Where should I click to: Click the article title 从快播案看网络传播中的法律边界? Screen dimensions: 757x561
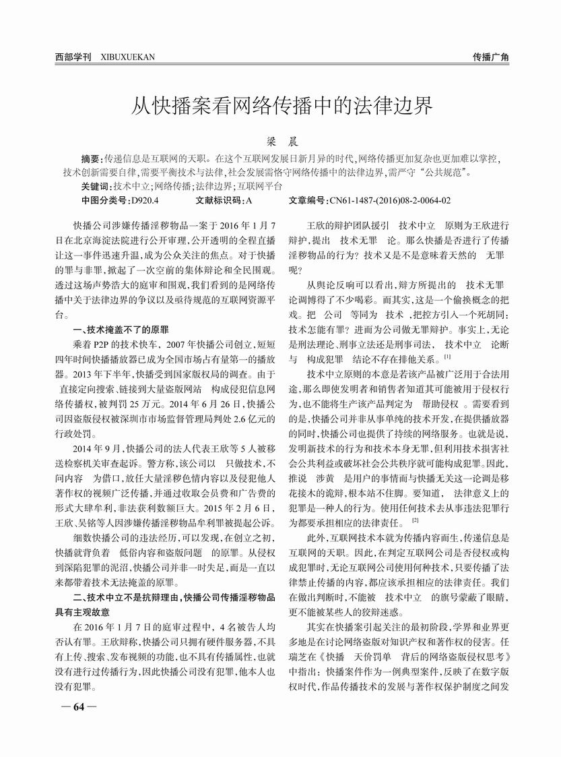[x=280, y=106]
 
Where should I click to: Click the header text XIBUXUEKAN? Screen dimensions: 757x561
[x=127, y=57]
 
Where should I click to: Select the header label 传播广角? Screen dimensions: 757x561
[x=490, y=57]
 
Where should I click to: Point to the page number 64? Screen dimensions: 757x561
[x=78, y=707]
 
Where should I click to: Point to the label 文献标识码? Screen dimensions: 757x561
[x=220, y=200]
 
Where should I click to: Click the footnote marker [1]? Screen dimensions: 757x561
[x=447, y=356]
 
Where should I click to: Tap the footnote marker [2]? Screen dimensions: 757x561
[x=416, y=520]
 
